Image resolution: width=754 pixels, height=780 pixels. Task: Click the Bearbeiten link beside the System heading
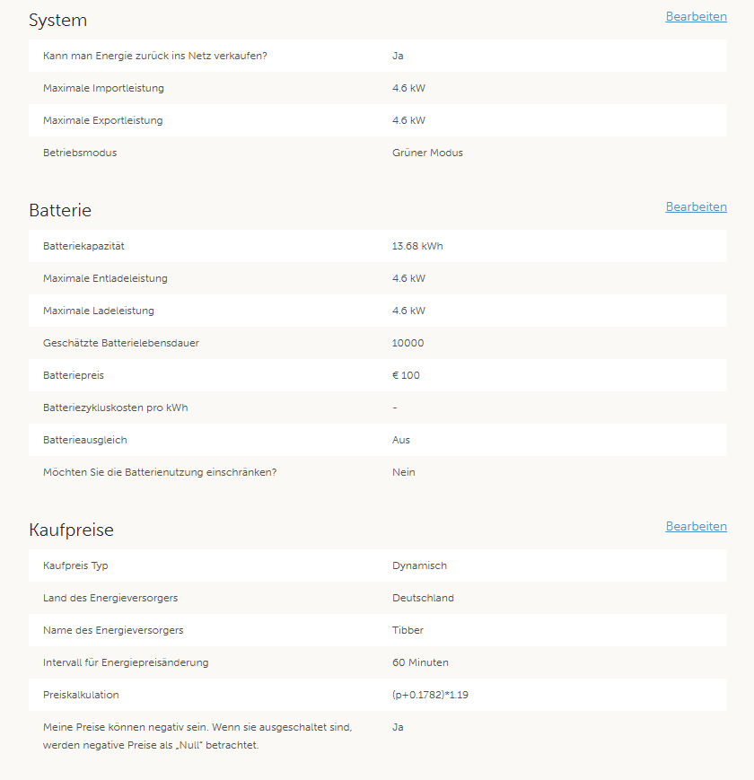click(x=696, y=17)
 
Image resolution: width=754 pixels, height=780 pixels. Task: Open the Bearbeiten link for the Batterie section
click(x=696, y=207)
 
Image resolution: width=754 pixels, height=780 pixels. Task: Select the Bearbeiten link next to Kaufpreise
click(x=696, y=527)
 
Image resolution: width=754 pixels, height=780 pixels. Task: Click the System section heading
click(x=57, y=21)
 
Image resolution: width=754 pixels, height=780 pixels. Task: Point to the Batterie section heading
click(x=60, y=210)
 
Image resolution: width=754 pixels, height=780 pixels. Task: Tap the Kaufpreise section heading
click(x=71, y=530)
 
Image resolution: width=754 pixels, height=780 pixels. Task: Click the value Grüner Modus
click(x=427, y=153)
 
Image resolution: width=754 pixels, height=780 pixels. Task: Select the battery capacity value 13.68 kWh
click(x=417, y=246)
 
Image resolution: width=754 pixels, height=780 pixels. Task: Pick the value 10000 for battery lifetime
click(x=408, y=343)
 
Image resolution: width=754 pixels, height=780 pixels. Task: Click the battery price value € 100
click(x=406, y=375)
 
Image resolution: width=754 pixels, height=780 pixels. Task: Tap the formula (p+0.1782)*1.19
click(x=430, y=695)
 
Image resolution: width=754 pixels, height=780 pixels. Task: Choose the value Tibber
click(x=408, y=630)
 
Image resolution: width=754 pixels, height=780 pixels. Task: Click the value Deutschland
click(x=423, y=598)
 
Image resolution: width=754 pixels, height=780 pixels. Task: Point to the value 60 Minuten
click(x=420, y=662)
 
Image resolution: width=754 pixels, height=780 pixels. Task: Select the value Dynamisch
click(x=419, y=565)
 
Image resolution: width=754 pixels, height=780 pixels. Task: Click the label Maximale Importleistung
click(x=103, y=88)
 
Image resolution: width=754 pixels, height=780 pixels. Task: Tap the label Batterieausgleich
click(x=85, y=440)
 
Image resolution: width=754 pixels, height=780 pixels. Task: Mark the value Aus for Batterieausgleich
click(x=401, y=440)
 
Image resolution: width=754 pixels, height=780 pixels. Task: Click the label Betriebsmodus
click(x=80, y=153)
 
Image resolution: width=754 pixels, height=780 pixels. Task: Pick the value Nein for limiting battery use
click(x=404, y=472)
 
